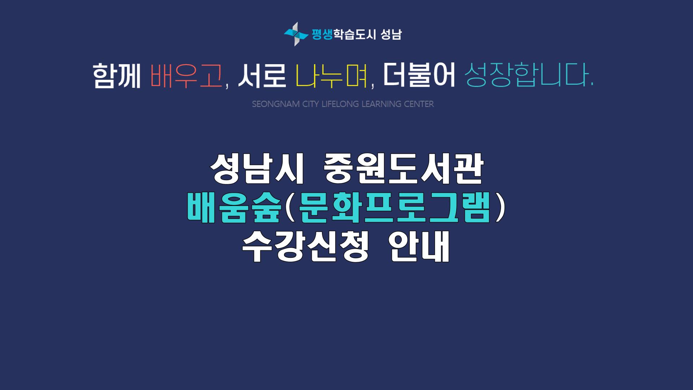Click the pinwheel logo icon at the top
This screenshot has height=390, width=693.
pos(296,34)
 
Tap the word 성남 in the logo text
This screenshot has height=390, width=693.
pos(391,34)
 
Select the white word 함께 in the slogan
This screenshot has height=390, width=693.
pos(117,76)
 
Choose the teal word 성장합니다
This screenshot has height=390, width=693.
pos(529,76)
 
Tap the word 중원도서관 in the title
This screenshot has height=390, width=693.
pos(403,169)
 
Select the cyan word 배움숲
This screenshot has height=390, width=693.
pos(234,209)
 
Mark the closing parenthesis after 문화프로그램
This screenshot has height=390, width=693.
pos(499,209)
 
